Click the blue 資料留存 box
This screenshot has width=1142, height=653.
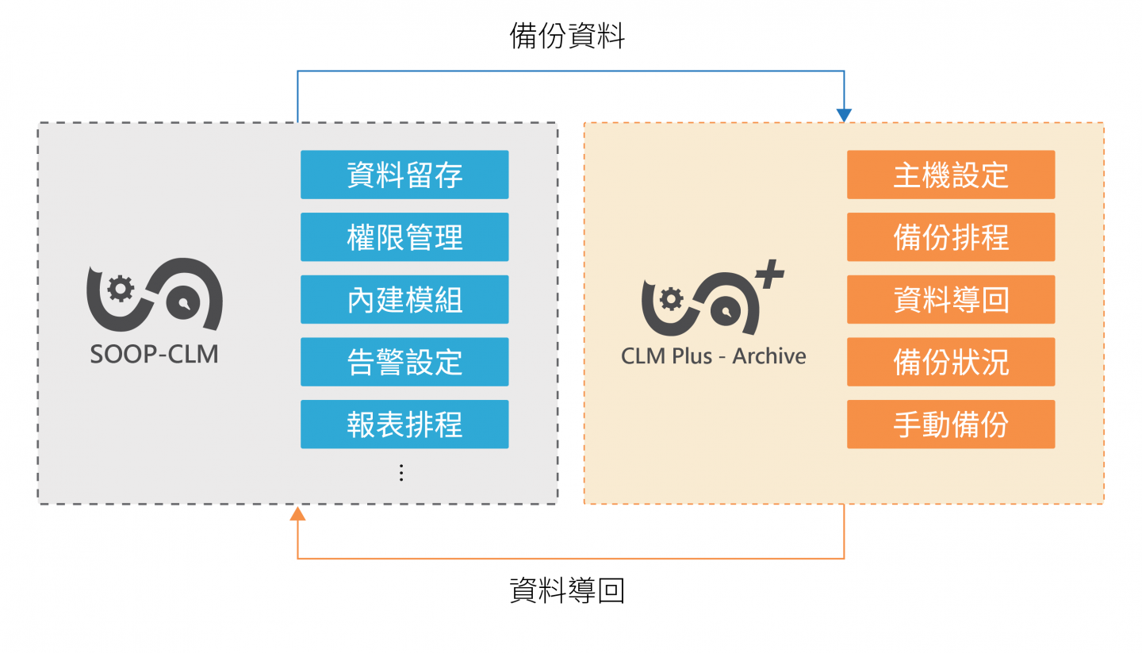tap(404, 175)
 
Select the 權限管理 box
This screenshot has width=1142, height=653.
tap(404, 237)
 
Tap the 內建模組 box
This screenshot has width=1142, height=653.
tap(404, 299)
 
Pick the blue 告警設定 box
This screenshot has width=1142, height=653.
tap(404, 362)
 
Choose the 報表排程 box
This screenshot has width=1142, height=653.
tap(404, 424)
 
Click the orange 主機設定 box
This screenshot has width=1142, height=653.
tap(951, 175)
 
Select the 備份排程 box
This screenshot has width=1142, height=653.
tap(951, 237)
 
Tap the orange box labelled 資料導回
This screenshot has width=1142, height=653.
tap(951, 299)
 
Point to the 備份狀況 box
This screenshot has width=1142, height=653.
tap(951, 362)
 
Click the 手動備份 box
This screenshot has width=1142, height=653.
tap(951, 424)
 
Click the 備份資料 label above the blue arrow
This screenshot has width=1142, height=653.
tap(567, 36)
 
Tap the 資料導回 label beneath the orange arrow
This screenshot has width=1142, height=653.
tap(567, 591)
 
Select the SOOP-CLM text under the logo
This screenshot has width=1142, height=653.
tap(154, 354)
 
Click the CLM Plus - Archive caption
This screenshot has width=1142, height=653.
tap(713, 356)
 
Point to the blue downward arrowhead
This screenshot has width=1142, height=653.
tap(844, 116)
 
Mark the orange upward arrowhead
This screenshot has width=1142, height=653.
tap(297, 513)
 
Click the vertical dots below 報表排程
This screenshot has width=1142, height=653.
tap(401, 473)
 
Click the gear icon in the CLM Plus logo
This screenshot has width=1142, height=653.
tap(672, 299)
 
